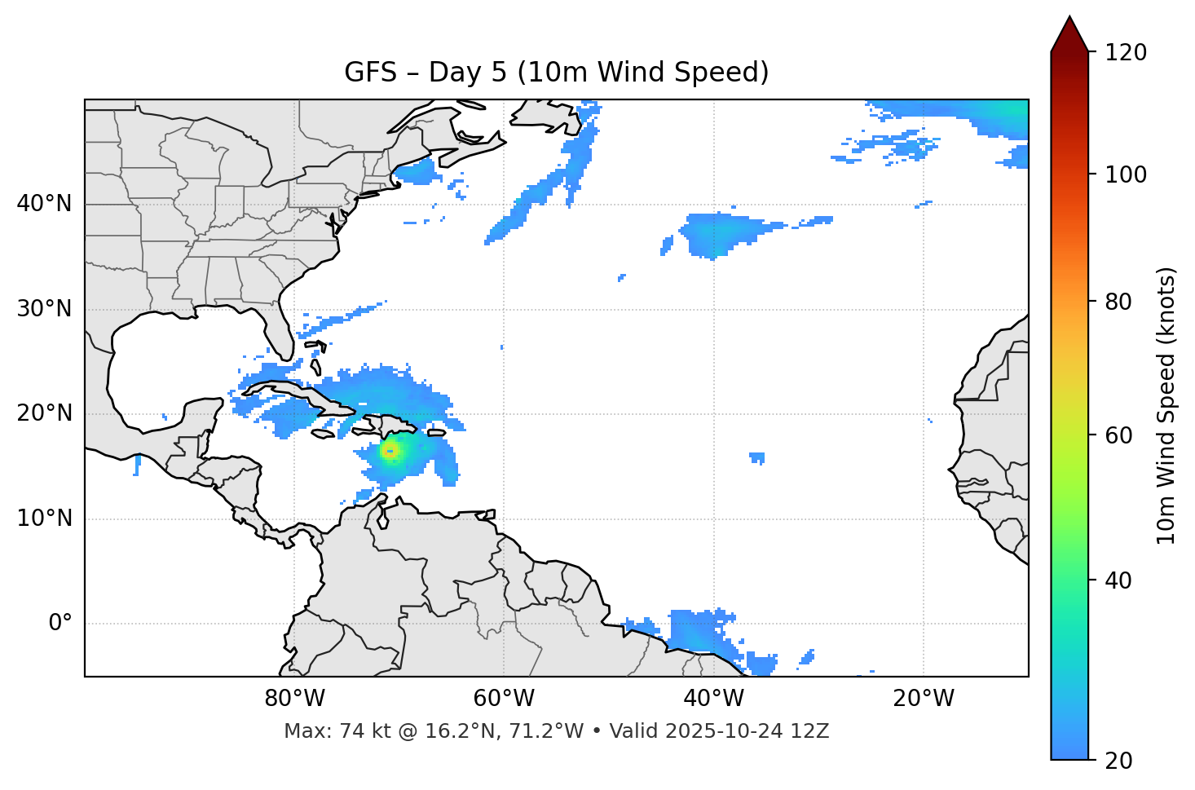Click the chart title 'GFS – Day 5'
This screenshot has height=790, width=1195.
click(557, 73)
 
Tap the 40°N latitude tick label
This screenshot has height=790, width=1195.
click(44, 204)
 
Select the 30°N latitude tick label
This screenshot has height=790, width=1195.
click(44, 309)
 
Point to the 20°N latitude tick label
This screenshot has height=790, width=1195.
click(44, 413)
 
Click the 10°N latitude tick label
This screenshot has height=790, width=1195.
click(44, 519)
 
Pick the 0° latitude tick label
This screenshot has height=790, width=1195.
click(60, 624)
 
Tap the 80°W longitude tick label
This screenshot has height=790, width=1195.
click(294, 699)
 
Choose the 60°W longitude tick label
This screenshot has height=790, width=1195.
click(504, 699)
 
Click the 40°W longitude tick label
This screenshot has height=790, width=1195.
click(713, 699)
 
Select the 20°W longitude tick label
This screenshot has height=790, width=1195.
click(923, 699)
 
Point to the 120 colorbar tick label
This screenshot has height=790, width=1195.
click(1125, 53)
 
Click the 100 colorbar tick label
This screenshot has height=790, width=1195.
click(1125, 174)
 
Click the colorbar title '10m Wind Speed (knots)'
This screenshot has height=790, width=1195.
click(1166, 406)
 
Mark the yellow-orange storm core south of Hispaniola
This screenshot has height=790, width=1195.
click(390, 451)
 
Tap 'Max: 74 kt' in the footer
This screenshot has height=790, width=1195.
click(319, 731)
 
